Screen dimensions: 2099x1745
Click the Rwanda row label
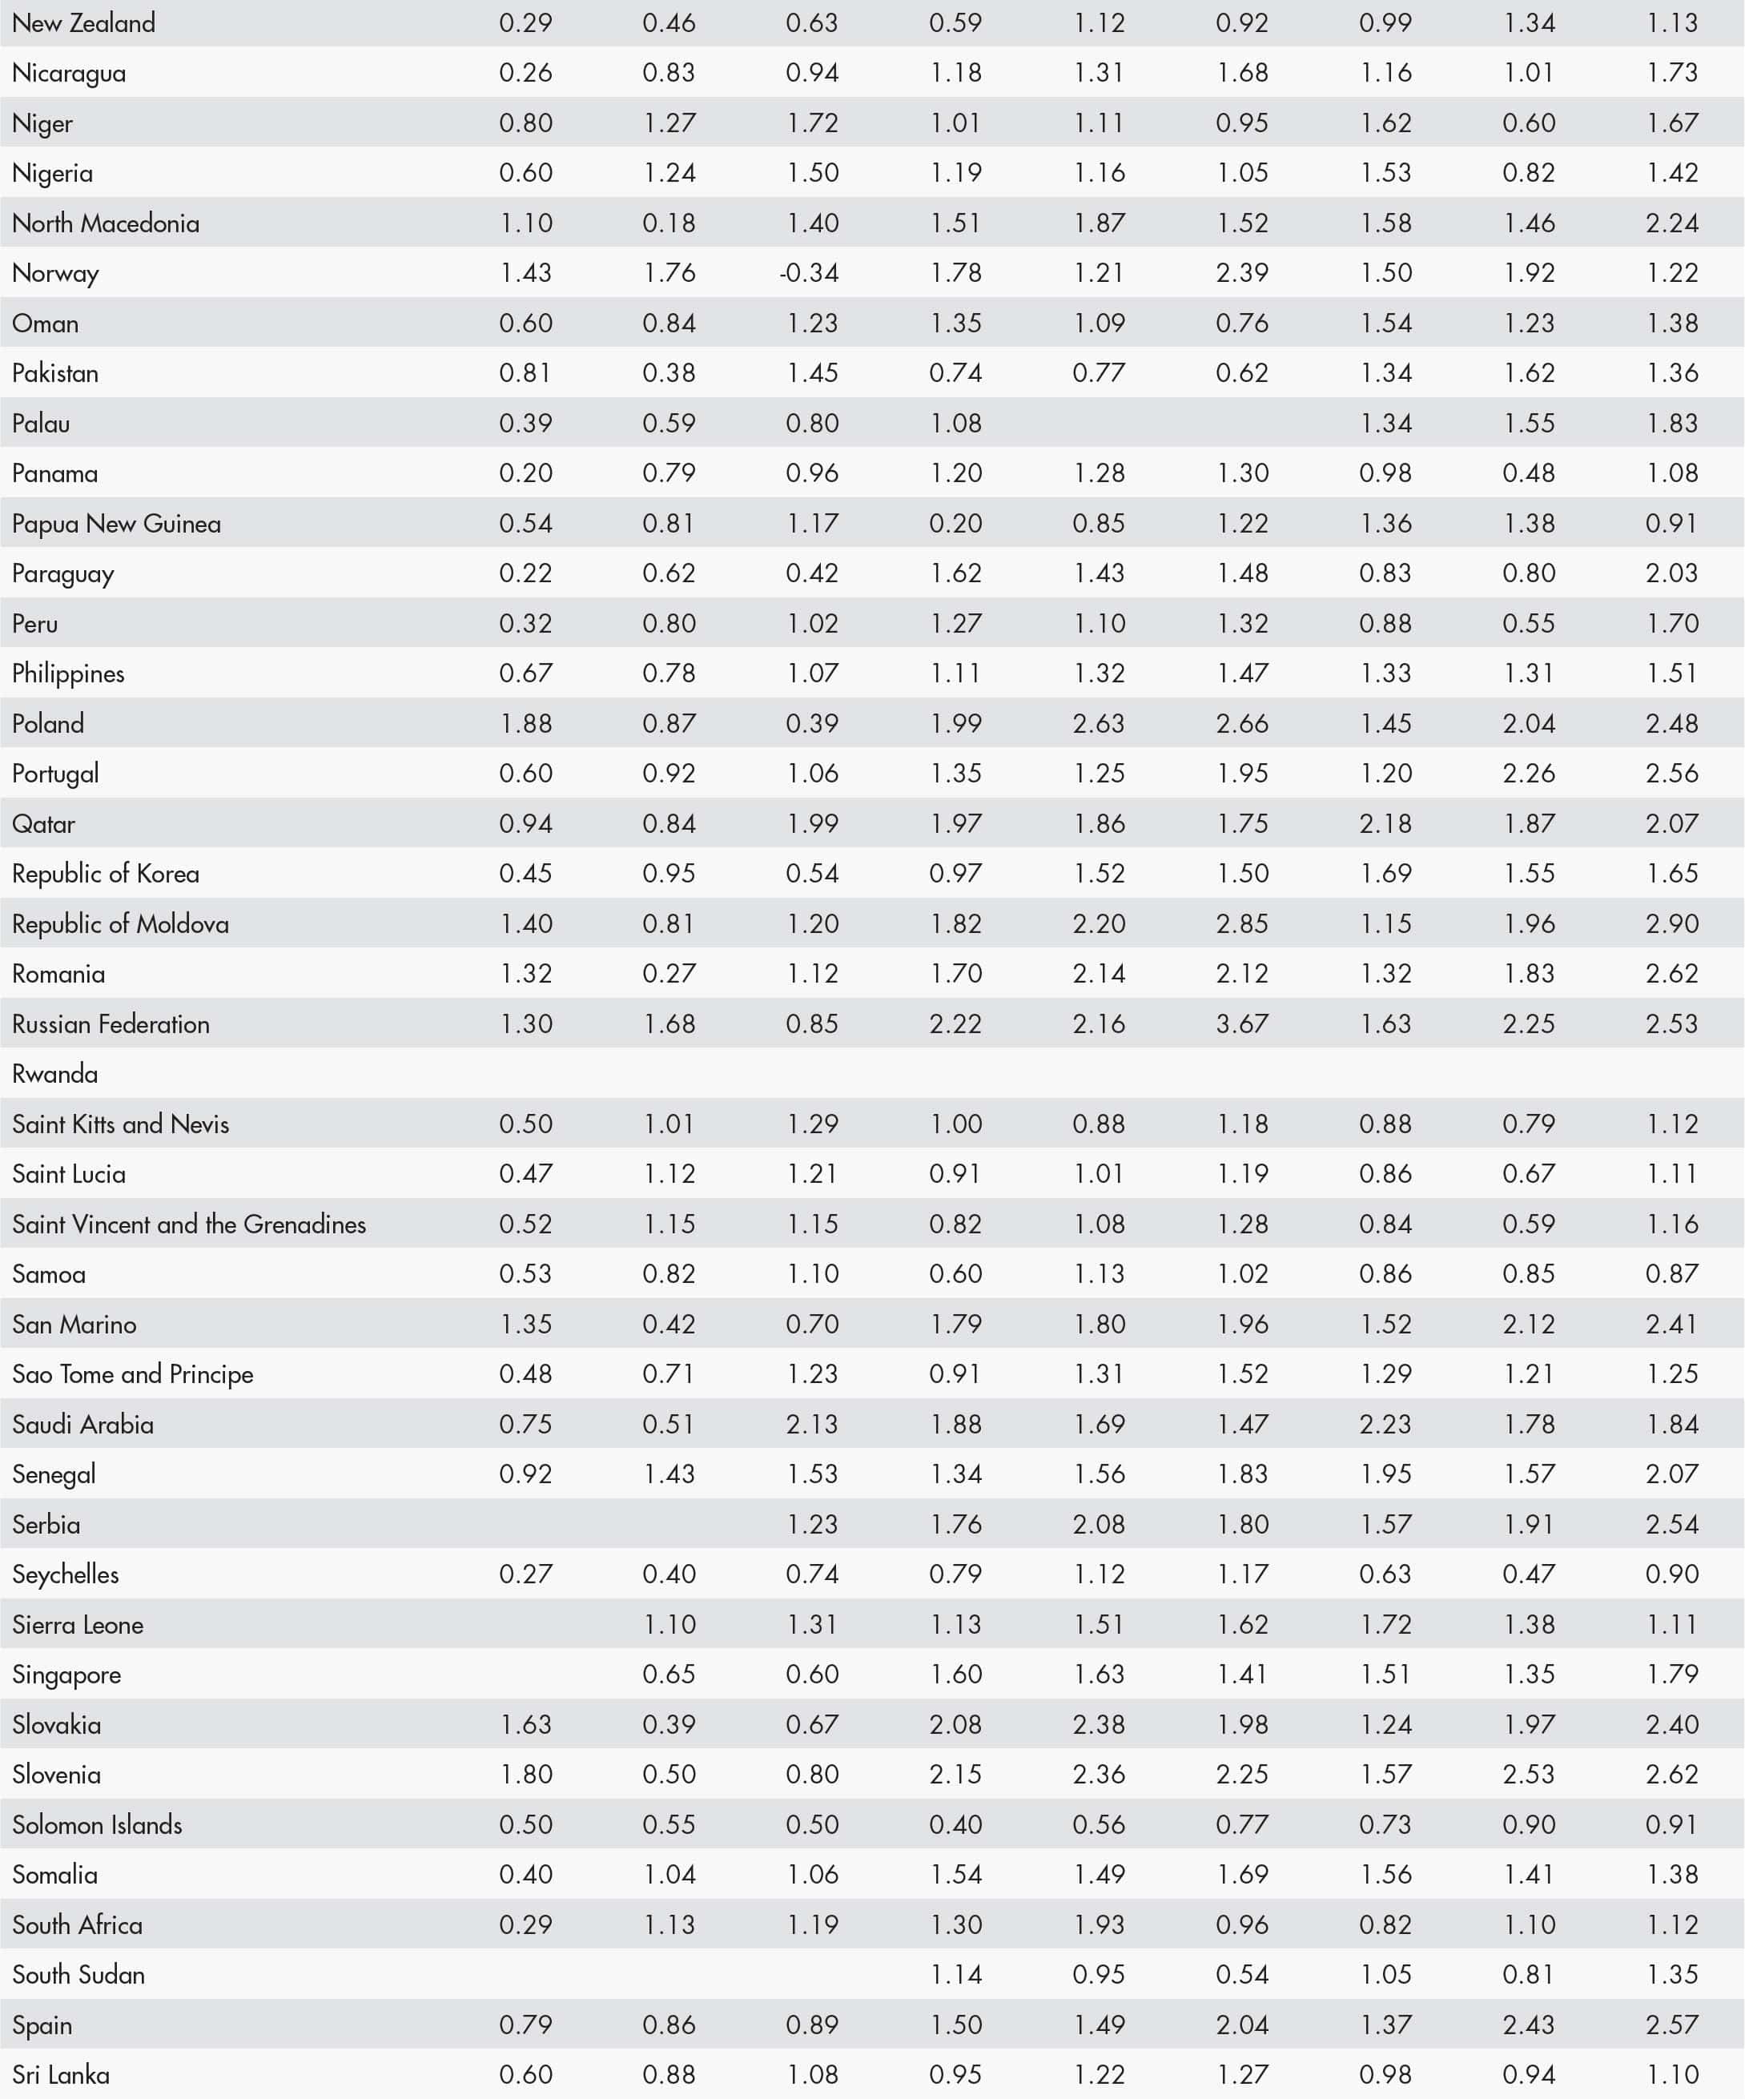[x=55, y=1073]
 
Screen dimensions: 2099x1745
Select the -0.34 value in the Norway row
[x=809, y=273]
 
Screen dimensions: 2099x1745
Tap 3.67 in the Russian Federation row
[x=1241, y=1023]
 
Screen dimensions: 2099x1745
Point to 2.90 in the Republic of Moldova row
[x=1671, y=923]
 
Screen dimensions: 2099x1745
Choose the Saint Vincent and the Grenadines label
[x=189, y=1224]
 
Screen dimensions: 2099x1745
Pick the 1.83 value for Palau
[x=1671, y=423]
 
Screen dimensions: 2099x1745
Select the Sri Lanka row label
[x=61, y=2074]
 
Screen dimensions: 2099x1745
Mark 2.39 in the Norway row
[x=1241, y=273]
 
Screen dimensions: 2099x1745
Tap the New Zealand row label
[x=84, y=23]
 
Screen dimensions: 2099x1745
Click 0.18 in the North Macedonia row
[x=669, y=223]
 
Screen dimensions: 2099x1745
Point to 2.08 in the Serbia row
[x=1099, y=1524]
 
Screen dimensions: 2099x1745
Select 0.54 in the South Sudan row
[x=1241, y=1974]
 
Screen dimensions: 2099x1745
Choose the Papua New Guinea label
[x=116, y=524]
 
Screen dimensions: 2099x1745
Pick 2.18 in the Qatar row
[x=1385, y=823]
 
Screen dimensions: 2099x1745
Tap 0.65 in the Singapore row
[x=669, y=1675]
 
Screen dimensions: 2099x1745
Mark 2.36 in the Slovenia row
[x=1099, y=1774]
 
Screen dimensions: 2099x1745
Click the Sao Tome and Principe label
[x=133, y=1374]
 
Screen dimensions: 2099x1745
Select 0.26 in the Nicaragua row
[x=525, y=73]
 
